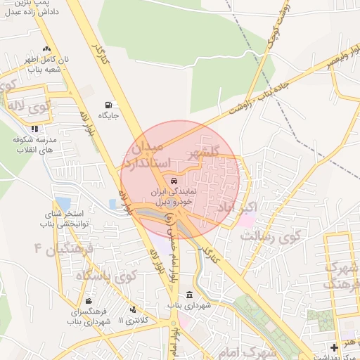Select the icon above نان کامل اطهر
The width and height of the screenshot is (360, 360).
[x=46, y=49]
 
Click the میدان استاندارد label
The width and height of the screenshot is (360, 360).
[x=147, y=155]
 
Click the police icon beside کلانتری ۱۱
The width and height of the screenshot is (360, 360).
[x=133, y=309]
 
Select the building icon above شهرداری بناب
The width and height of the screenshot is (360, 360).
[x=189, y=295]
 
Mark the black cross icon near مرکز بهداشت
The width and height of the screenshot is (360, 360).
[x=334, y=347]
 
